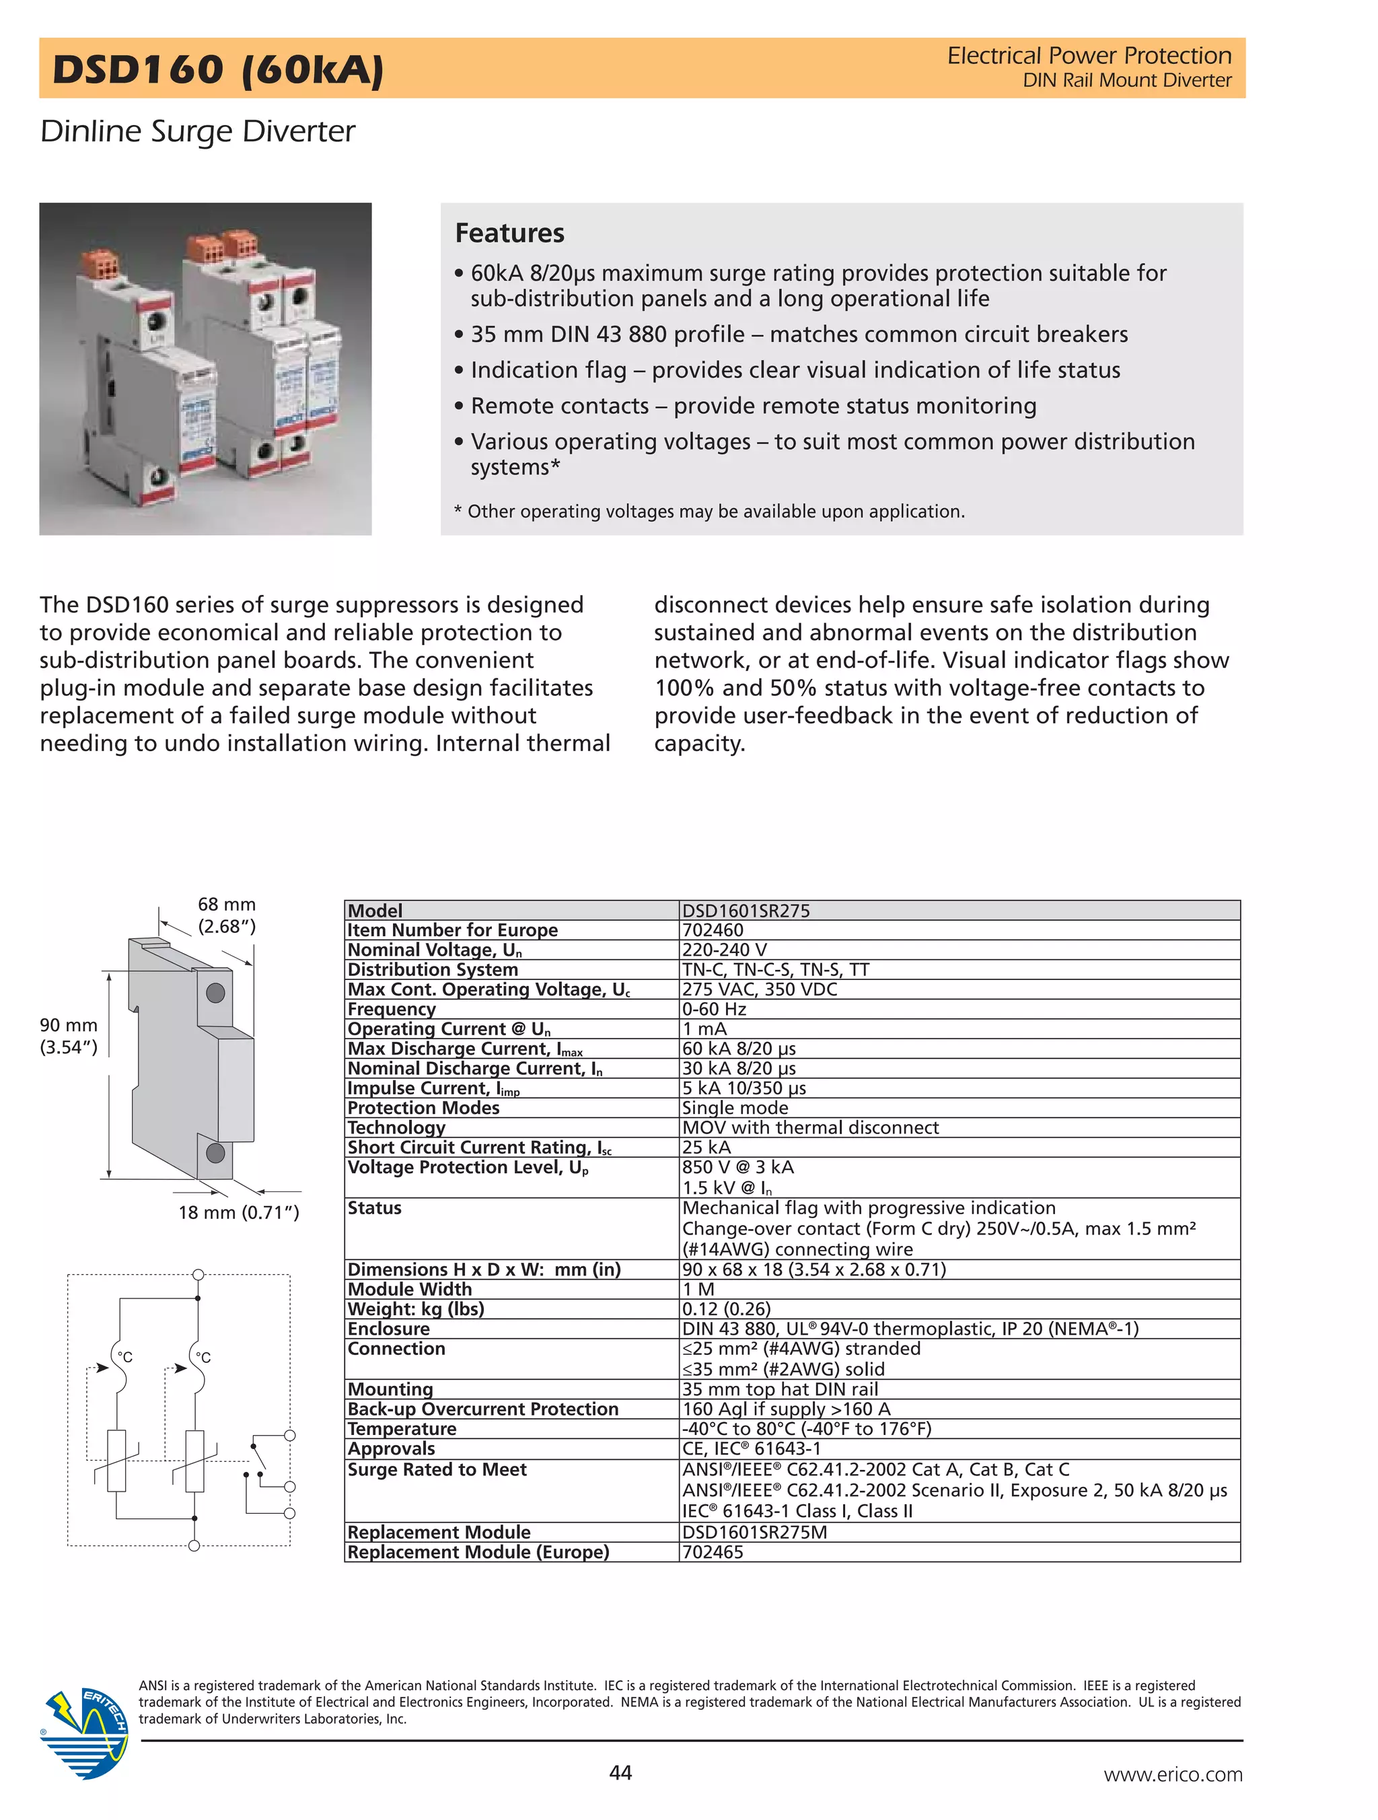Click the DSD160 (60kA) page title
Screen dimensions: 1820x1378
tap(218, 69)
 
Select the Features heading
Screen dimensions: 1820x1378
tap(509, 233)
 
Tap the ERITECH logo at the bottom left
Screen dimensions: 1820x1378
tap(85, 1731)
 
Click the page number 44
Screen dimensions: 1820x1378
tap(620, 1772)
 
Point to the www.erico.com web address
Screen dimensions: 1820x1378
tap(1172, 1774)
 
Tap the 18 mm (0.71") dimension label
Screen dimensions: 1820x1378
tap(239, 1212)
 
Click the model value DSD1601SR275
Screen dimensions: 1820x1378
tap(746, 910)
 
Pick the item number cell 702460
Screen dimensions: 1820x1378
tap(713, 930)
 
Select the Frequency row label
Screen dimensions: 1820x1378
tap(392, 1009)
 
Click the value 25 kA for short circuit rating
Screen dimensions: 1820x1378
tap(706, 1147)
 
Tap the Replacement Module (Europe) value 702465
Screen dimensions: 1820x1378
tap(713, 1551)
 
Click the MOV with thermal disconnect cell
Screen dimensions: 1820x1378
tap(810, 1127)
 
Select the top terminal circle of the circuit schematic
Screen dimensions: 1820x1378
tap(197, 1275)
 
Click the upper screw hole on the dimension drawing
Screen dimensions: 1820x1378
tap(215, 993)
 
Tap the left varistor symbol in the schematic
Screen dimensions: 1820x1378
tap(117, 1461)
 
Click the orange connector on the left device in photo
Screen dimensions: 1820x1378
tap(96, 263)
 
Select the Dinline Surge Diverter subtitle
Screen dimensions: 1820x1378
tap(197, 131)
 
